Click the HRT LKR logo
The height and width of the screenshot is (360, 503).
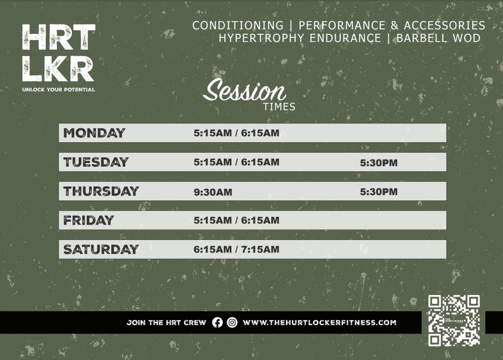(59, 53)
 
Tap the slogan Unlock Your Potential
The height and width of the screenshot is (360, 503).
(59, 90)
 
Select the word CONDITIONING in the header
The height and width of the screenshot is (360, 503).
(238, 25)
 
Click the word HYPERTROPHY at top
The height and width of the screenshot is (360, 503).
(261, 38)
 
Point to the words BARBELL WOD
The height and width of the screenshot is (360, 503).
(439, 38)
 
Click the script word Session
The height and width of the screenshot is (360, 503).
(244, 90)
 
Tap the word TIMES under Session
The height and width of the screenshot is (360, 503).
(279, 107)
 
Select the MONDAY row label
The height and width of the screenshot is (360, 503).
(94, 133)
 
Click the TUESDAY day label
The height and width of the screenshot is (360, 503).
(96, 162)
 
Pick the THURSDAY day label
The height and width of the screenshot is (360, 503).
(101, 192)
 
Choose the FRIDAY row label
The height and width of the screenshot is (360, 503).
(89, 220)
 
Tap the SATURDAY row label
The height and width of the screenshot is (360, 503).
(101, 249)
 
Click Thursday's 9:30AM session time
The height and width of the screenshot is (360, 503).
(213, 192)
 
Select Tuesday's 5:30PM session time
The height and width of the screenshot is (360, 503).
(378, 163)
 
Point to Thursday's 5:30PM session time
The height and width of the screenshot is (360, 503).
(378, 192)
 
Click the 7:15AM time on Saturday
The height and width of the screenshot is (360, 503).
(260, 249)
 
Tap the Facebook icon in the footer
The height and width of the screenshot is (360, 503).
(217, 322)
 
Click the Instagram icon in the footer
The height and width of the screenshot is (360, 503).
(232, 322)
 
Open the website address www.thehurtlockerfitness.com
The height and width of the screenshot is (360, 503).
(319, 322)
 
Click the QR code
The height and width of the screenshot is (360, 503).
(454, 321)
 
